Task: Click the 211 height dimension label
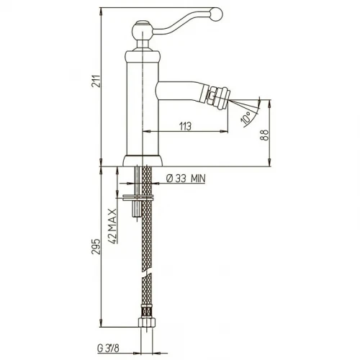(x=95, y=81)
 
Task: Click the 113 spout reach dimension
(x=186, y=126)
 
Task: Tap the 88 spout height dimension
(x=265, y=135)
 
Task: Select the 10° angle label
(x=247, y=118)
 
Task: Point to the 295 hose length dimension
(x=95, y=246)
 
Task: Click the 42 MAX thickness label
(x=112, y=225)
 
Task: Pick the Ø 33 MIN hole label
(x=186, y=179)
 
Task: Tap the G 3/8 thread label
(x=108, y=348)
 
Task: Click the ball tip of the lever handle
(x=216, y=14)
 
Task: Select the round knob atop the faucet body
(x=143, y=30)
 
